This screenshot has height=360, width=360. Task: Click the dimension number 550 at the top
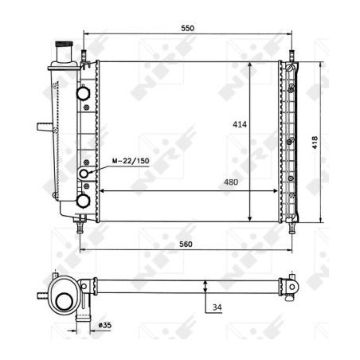[187, 28]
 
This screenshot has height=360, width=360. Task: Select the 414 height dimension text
[238, 124]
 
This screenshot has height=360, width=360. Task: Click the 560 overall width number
[187, 245]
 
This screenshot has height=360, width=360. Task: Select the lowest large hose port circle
[84, 202]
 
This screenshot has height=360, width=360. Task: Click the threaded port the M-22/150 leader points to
[84, 173]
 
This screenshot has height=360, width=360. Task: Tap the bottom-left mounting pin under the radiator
[80, 227]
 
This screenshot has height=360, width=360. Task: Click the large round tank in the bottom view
[61, 299]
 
